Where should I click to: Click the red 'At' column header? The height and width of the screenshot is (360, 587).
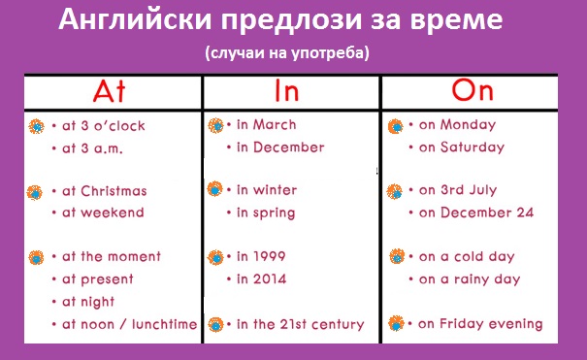pos(109,91)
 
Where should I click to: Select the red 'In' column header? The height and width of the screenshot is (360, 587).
pos(287,90)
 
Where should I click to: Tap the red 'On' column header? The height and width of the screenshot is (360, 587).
pos(473,90)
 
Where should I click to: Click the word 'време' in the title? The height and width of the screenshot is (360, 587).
pos(456,20)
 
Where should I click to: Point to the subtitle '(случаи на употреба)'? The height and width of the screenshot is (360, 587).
pos(287,52)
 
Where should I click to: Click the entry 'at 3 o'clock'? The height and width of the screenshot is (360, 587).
pos(103,126)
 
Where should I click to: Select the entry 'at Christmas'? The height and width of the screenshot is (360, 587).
pos(105,191)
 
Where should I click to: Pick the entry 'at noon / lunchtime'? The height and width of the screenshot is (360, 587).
pos(130,324)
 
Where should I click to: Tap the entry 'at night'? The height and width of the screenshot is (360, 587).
pos(88,302)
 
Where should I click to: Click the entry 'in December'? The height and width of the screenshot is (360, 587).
pos(280,147)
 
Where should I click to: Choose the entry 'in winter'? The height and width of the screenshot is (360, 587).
pos(267,190)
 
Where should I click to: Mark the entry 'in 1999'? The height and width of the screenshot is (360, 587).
pos(261,256)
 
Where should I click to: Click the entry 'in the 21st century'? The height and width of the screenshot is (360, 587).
pos(300,324)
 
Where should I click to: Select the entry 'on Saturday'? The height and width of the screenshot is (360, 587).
pos(462,147)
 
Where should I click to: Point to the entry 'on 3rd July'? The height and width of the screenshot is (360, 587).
pos(458,190)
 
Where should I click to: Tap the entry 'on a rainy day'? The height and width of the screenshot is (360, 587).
pos(470,279)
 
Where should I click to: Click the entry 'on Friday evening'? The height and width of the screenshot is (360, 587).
pos(480,324)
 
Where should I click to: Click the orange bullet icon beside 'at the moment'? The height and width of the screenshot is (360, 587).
pos(36,258)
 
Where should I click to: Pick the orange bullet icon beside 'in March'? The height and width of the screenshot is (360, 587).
pos(215,125)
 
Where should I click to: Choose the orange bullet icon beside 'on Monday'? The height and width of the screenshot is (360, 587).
pos(395,126)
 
